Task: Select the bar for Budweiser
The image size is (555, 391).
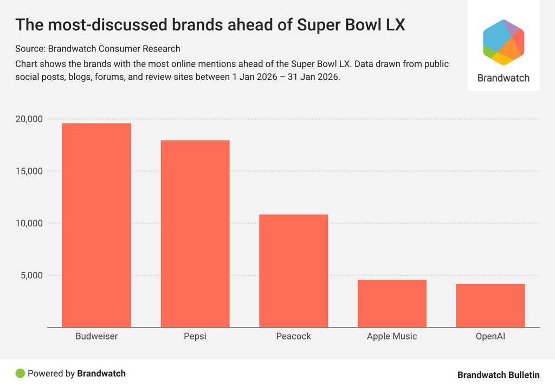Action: [x=96, y=225]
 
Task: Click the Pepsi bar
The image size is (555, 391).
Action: [x=195, y=234]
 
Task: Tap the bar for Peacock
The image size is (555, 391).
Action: [x=294, y=271]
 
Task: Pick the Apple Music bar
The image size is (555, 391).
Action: [x=392, y=303]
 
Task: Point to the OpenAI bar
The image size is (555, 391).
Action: [x=491, y=305]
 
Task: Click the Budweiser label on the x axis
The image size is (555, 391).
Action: [x=96, y=336]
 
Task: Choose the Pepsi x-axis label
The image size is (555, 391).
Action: [x=195, y=336]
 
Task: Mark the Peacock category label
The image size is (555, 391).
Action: [x=294, y=336]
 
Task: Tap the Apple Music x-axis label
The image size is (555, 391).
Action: [x=392, y=336]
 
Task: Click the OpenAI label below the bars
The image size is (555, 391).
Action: [x=491, y=336]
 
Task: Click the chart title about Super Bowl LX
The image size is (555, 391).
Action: [x=210, y=25]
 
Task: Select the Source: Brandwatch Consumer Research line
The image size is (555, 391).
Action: [x=98, y=49]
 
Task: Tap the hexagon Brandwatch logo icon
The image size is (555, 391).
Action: [x=504, y=42]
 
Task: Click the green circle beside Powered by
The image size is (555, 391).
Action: [x=20, y=373]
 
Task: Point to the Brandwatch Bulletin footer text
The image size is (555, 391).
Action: [x=498, y=375]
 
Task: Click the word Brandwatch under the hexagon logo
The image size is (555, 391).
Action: [x=504, y=78]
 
